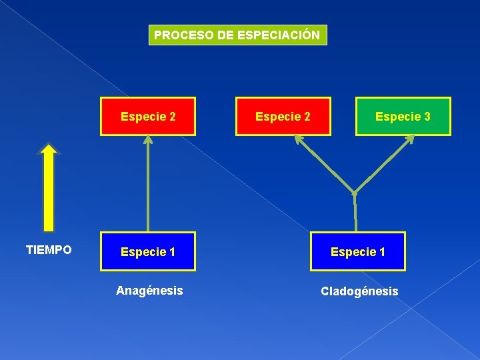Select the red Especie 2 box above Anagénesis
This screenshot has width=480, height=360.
tap(148, 117)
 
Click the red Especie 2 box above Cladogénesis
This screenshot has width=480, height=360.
tap(283, 117)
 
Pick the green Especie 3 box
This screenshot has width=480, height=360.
tap(403, 117)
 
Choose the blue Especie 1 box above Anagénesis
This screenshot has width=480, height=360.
tap(148, 251)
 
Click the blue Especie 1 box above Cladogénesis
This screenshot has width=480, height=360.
tap(357, 251)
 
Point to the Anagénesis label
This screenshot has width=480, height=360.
tap(149, 290)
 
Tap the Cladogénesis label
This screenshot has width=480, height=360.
tap(359, 291)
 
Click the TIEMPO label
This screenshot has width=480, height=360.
tap(49, 250)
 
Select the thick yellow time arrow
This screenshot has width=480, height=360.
tap(49, 193)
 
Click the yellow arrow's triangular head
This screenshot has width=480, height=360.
tap(49, 149)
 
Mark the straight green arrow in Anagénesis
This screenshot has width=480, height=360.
tap(148, 187)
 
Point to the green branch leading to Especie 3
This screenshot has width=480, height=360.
tap(383, 164)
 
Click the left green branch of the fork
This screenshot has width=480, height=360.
tap(325, 164)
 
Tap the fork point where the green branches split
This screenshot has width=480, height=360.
tap(355, 192)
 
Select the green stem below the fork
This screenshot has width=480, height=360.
tap(355, 212)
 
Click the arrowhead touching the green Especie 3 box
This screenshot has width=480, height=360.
tap(409, 139)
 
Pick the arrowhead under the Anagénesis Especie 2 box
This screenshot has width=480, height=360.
tap(148, 140)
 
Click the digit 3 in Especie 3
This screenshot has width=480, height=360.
tap(427, 117)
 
